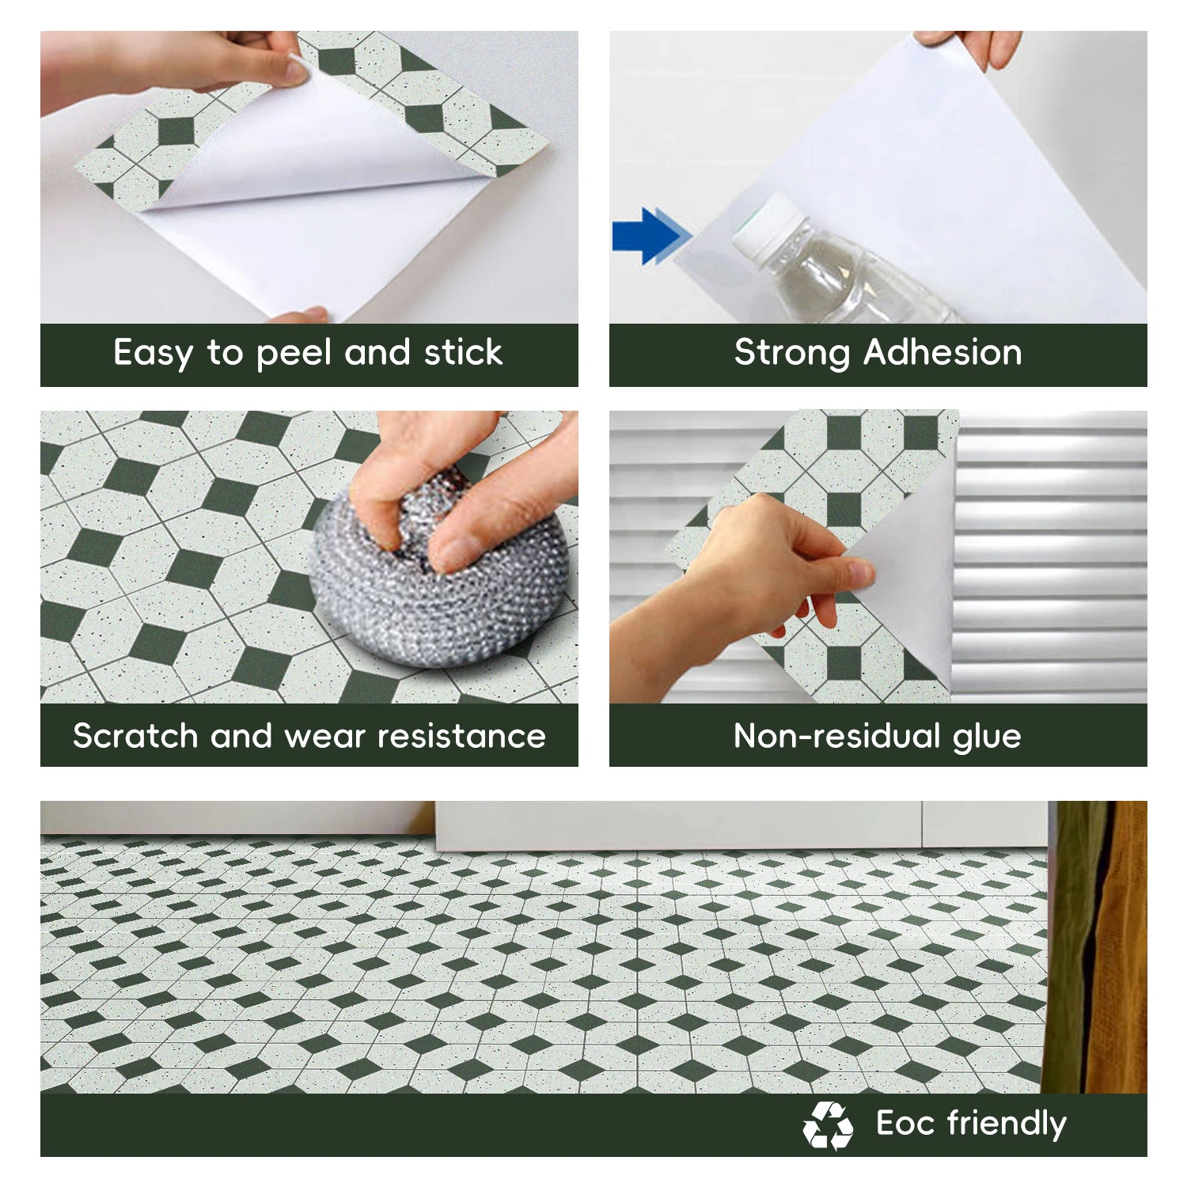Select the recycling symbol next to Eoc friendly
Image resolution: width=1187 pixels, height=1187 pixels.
click(828, 1125)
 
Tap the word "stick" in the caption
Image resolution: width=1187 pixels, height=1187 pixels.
click(463, 352)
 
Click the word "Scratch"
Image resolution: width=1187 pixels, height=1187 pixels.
click(135, 736)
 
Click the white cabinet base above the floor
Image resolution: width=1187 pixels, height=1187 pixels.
click(741, 826)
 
